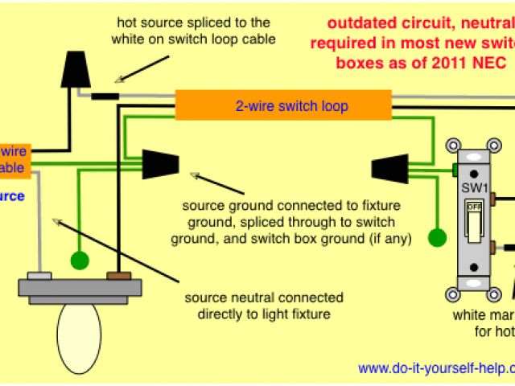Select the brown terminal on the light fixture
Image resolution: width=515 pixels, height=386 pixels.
tap(119, 276)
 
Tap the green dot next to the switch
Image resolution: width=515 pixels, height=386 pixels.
tap(437, 238)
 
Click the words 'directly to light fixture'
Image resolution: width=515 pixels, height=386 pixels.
tap(257, 313)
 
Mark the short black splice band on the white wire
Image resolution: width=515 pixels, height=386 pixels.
tap(105, 96)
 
